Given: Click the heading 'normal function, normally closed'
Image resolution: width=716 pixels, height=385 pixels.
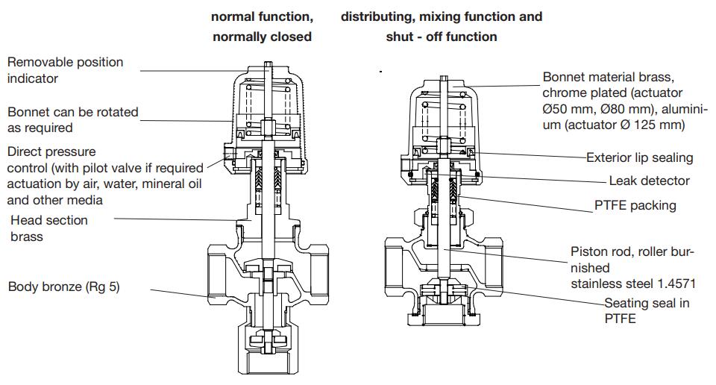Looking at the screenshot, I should point(262,26).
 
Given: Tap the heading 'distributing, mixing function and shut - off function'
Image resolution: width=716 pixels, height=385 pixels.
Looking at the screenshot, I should point(442,26).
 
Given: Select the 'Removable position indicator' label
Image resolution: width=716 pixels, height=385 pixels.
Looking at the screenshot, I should point(66,70).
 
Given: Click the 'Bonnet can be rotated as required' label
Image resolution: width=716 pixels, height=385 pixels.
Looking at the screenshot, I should point(73,120).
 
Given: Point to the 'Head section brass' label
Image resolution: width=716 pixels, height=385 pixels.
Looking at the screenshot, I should point(49,228).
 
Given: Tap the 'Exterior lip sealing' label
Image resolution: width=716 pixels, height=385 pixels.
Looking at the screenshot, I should point(639,157).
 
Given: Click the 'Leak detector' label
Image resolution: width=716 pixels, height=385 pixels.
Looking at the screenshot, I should point(649,181).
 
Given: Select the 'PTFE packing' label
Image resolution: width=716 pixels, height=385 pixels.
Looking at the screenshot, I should point(635,205).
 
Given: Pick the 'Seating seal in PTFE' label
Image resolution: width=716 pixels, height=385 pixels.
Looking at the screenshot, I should point(647,310).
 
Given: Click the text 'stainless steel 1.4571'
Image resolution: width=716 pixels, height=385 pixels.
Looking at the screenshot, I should point(634,284).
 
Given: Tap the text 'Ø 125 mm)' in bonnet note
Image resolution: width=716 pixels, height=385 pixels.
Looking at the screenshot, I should point(652,125).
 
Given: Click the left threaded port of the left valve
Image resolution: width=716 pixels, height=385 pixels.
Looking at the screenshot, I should point(217,275).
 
